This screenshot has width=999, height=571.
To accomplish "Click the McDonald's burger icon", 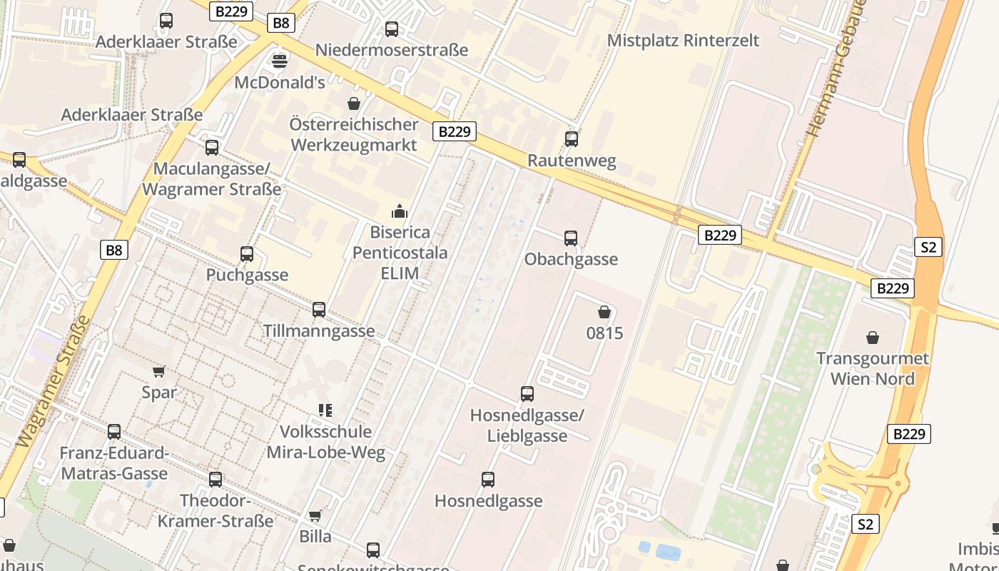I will coord(280,60).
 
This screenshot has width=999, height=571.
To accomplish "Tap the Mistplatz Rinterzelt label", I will coord(683,41).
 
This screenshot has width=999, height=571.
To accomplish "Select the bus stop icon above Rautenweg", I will coord(571,138).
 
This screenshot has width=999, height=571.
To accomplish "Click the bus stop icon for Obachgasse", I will coord(571,238).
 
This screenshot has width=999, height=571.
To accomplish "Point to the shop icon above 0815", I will coord(604,312).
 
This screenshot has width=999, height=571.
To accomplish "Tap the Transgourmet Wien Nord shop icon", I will coord(872,337).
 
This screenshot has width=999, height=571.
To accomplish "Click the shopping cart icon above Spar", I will coord(158,371).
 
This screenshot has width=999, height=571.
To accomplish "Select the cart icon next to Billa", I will coord(315,515).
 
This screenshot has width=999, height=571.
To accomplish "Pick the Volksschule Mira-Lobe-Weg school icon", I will coord(325,410).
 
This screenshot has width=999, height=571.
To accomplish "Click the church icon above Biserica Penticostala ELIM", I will coord(399,211).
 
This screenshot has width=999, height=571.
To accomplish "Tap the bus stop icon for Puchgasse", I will coord(247,253).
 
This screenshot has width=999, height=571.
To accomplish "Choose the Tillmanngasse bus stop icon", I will coord(319,309).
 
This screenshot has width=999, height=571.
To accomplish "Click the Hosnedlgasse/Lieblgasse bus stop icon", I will coord(527,393).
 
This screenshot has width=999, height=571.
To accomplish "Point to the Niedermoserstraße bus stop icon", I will coord(392,29).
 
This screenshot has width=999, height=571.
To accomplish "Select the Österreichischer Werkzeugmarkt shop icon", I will coord(353,103).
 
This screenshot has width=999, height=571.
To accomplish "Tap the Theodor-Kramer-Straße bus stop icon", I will coord(215,479).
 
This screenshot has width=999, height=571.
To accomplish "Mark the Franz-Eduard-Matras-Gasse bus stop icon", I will coord(114,431).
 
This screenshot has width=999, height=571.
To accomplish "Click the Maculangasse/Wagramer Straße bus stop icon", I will coord(212,148).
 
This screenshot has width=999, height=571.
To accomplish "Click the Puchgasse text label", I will coord(247,275).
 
